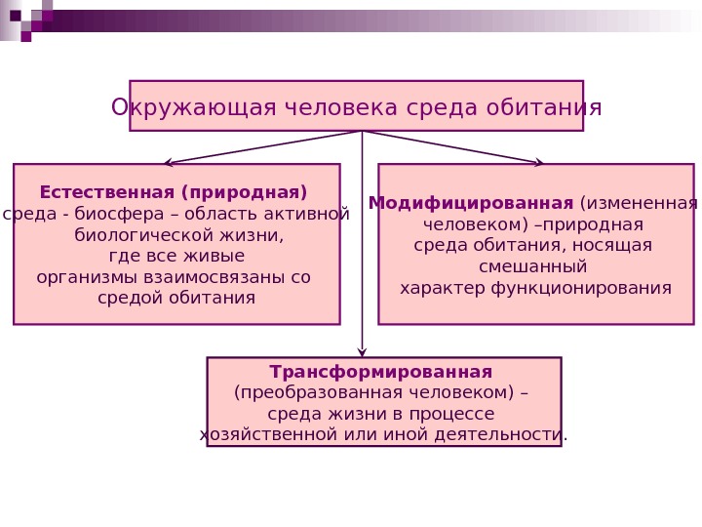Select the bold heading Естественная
pos(100,191)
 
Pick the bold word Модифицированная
pos(471,203)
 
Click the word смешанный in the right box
pos(532,266)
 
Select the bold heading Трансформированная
pos(381,372)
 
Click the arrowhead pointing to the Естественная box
pos(168,163)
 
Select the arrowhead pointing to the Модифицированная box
pos(540,163)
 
